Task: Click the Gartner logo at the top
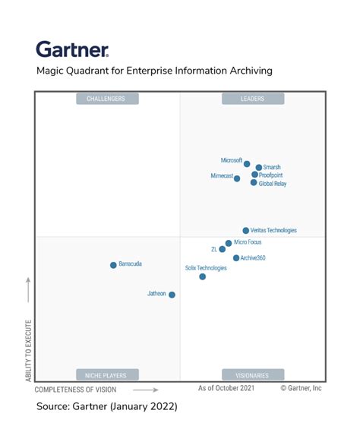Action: [72, 50]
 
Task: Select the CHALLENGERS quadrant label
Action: [106, 99]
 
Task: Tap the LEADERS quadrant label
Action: [253, 99]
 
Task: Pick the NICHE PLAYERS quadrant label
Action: [106, 374]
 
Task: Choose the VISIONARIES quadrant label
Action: [253, 374]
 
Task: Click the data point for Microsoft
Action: [247, 163]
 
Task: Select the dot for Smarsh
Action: [259, 167]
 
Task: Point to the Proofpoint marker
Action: [255, 175]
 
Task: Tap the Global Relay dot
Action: [254, 182]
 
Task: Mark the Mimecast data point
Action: [237, 178]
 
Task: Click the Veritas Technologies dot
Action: [245, 230]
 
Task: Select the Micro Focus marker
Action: [229, 243]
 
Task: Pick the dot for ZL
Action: [223, 249]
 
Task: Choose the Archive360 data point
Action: [236, 258]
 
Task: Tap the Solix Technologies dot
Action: [203, 276]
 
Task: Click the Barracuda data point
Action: [113, 265]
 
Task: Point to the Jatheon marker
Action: [172, 295]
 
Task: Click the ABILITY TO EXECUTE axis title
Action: [29, 342]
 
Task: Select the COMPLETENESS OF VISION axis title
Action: [76, 390]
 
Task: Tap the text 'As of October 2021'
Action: [226, 388]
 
